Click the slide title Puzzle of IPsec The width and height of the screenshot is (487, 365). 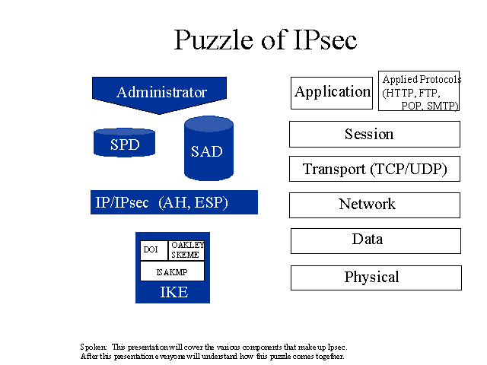pyautogui.click(x=266, y=40)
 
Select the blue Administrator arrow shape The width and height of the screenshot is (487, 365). pyautogui.click(x=159, y=94)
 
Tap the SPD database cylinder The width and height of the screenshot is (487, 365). pyautogui.click(x=124, y=142)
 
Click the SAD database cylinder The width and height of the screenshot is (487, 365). pyautogui.click(x=208, y=148)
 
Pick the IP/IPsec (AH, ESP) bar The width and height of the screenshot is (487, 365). pyautogui.click(x=174, y=202)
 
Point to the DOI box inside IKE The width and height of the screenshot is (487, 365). pyautogui.click(x=154, y=250)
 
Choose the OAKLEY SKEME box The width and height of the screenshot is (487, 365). pyautogui.click(x=186, y=250)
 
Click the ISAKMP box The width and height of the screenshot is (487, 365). pyautogui.click(x=173, y=271)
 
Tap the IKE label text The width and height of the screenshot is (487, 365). pyautogui.click(x=174, y=292)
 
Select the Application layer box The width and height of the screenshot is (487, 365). pyautogui.click(x=332, y=93)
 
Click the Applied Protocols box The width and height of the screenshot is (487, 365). pyautogui.click(x=419, y=90)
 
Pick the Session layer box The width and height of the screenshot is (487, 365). pyautogui.click(x=374, y=134)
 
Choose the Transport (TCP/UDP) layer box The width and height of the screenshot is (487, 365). pyautogui.click(x=374, y=169)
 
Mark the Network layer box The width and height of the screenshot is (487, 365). pyautogui.click(x=374, y=205)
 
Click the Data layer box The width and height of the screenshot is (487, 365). pyautogui.click(x=376, y=241)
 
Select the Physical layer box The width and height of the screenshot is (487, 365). pyautogui.click(x=376, y=278)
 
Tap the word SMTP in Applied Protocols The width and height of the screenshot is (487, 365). pyautogui.click(x=441, y=106)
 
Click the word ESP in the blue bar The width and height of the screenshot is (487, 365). pyautogui.click(x=209, y=202)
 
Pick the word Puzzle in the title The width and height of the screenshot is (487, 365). pyautogui.click(x=213, y=40)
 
